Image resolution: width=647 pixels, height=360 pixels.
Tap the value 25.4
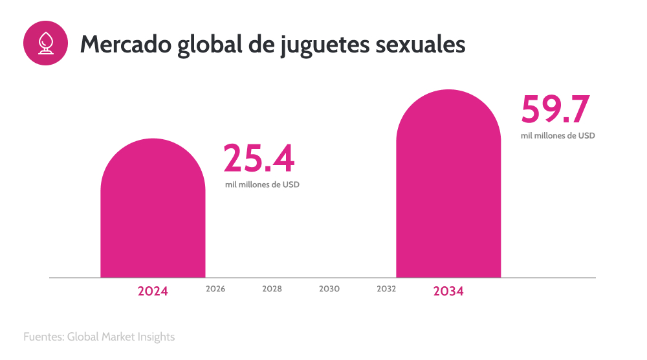[259, 159]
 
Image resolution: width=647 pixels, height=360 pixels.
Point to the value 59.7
[556, 109]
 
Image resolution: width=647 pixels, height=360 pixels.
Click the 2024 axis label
[153, 291]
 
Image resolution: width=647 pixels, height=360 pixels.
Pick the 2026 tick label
[215, 289]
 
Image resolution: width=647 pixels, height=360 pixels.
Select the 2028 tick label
[272, 289]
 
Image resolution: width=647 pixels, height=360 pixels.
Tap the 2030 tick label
[329, 289]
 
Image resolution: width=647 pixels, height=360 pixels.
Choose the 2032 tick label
[386, 289]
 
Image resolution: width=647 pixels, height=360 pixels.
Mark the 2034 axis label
[448, 291]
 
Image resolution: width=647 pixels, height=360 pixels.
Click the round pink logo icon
[45, 43]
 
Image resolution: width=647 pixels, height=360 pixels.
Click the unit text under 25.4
[262, 185]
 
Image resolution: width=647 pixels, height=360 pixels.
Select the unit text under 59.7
[558, 136]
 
